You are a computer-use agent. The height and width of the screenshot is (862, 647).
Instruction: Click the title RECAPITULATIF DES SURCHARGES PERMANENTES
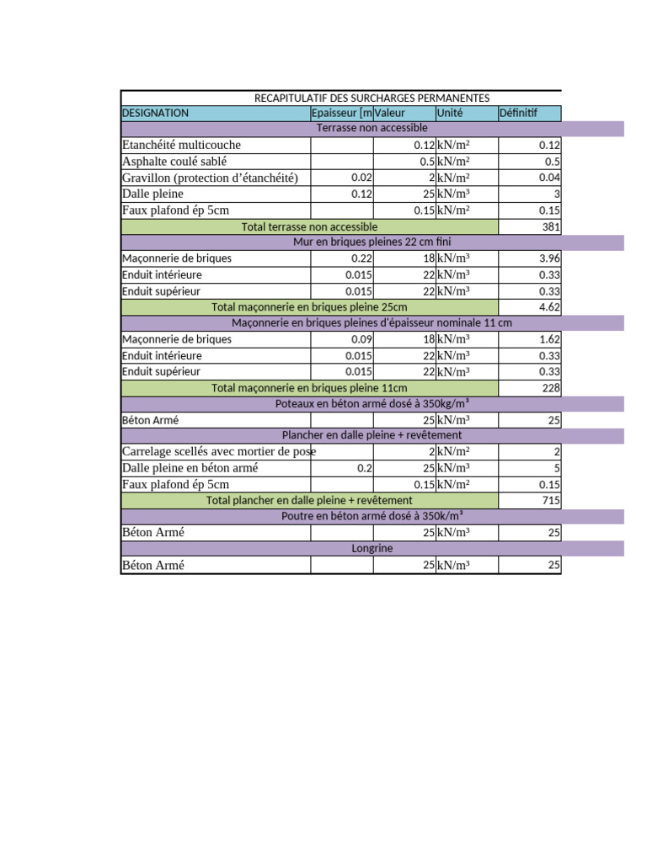click(x=372, y=98)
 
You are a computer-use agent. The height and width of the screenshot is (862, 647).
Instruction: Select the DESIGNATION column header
click(x=156, y=113)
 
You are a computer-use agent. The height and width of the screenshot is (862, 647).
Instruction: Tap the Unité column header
click(x=450, y=113)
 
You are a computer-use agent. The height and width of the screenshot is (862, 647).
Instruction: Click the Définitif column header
click(x=518, y=113)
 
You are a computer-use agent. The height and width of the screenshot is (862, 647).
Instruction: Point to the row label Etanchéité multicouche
click(x=181, y=145)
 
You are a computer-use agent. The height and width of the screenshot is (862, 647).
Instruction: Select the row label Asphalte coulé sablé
click(x=174, y=162)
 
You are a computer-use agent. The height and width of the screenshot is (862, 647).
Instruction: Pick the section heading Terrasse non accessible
click(x=372, y=128)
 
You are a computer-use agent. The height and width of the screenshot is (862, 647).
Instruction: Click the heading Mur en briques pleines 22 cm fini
click(x=372, y=242)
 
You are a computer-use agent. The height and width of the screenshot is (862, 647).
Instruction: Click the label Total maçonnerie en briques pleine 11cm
click(x=309, y=388)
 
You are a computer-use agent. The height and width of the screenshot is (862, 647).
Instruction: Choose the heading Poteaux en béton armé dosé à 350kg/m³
click(x=372, y=404)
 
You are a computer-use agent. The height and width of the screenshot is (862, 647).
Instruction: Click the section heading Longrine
click(x=372, y=548)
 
